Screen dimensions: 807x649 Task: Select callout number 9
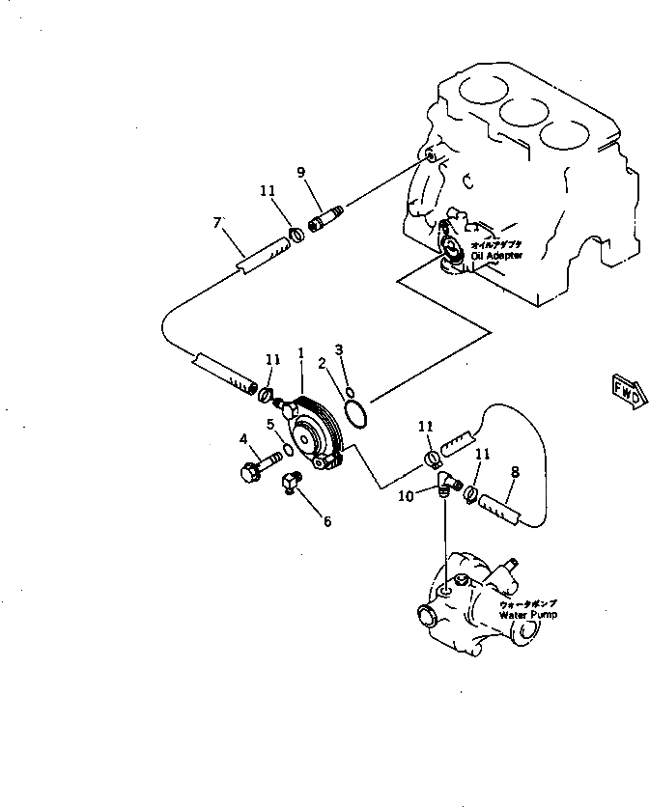pyautogui.click(x=301, y=173)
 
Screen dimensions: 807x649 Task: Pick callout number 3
pyautogui.click(x=339, y=348)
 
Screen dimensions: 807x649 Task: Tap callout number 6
pyautogui.click(x=326, y=521)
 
